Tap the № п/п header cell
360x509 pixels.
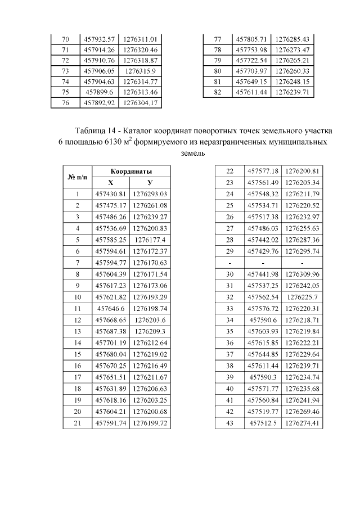coord(78,177)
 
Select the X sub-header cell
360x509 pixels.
coord(111,182)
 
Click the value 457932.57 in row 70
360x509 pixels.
coord(99,39)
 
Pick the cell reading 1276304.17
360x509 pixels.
coord(140,103)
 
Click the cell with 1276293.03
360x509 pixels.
coord(151,194)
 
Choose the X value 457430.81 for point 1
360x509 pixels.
coord(111,194)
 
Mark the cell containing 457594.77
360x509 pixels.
coord(111,263)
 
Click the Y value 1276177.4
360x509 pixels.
coord(151,240)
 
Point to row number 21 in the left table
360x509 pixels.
coord(78,423)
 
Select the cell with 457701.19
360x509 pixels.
coord(111,343)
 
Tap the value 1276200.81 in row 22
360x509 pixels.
coord(303,170)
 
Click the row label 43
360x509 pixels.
coord(229,423)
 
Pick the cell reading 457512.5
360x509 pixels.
coord(263,423)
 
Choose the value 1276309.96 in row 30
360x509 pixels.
coord(303,274)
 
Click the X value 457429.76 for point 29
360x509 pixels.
coord(263,251)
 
